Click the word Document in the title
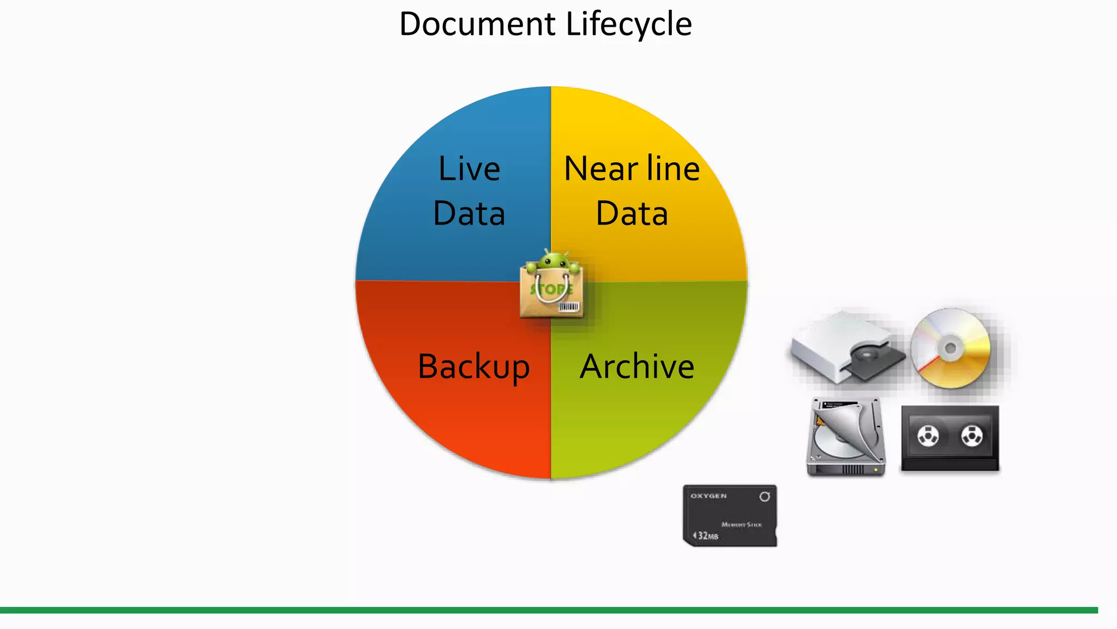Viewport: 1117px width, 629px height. pyautogui.click(x=477, y=25)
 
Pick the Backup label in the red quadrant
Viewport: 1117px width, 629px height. pyautogui.click(x=473, y=366)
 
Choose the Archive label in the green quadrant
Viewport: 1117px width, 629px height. pyautogui.click(x=636, y=366)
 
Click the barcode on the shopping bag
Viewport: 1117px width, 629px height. pyautogui.click(x=568, y=307)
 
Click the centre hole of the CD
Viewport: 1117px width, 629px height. pyautogui.click(x=951, y=348)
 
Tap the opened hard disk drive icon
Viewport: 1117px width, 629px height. pyautogui.click(x=845, y=437)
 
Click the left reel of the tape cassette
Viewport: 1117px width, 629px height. pyautogui.click(x=928, y=436)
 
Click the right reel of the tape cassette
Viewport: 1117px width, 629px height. pyautogui.click(x=971, y=436)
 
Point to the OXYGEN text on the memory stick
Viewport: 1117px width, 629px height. pyautogui.click(x=708, y=496)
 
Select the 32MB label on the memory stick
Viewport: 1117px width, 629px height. pyautogui.click(x=707, y=536)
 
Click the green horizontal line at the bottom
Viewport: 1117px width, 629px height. pyautogui.click(x=548, y=610)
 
